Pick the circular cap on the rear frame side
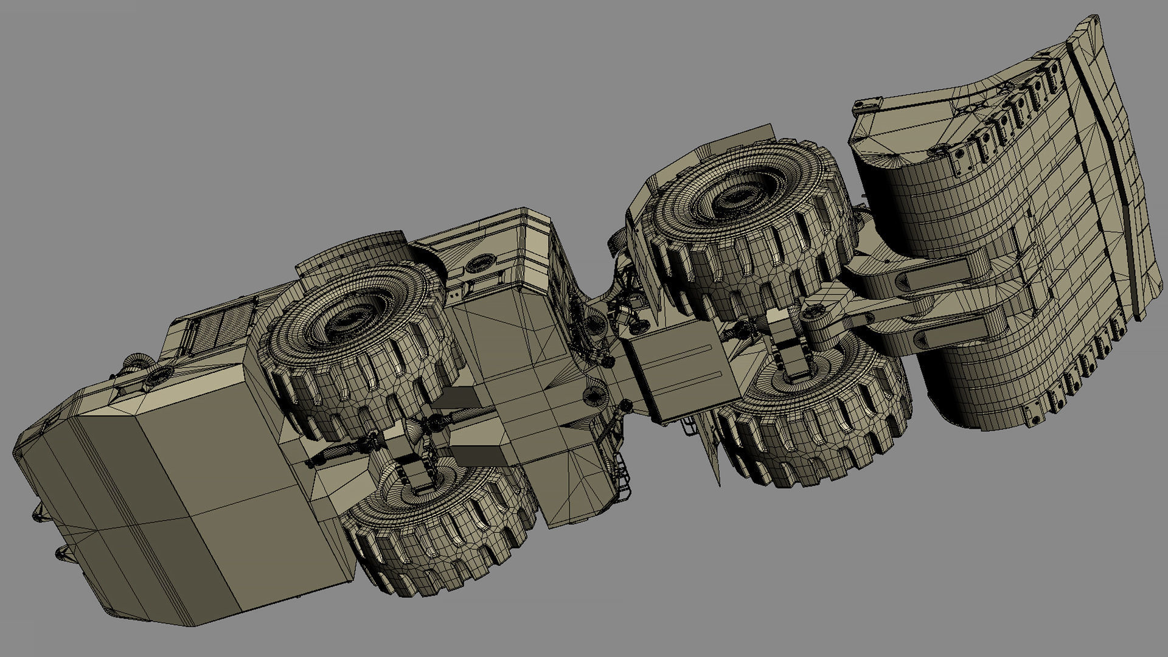pyautogui.click(x=480, y=263)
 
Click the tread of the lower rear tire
pyautogui.click(x=438, y=547)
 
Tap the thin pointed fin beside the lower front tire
pyautogui.click(x=712, y=450)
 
